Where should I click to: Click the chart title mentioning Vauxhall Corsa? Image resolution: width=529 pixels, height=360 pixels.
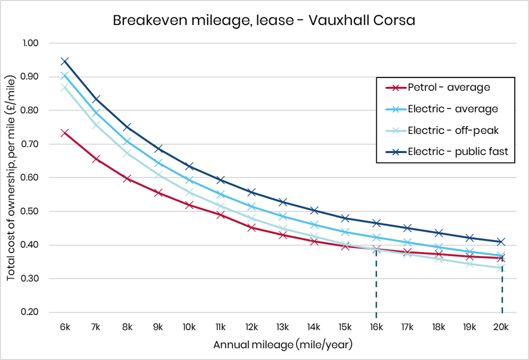coord(264,20)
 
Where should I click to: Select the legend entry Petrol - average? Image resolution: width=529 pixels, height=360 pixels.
coord(448,87)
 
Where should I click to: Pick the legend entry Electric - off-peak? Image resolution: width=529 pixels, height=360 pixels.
coord(452,130)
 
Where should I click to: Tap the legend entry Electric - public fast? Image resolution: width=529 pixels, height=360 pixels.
coord(458,152)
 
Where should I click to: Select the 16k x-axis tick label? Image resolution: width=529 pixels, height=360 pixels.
coord(376,327)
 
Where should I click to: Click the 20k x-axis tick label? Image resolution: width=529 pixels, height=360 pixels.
coord(501,327)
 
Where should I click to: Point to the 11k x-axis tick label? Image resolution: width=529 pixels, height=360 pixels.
coord(220,327)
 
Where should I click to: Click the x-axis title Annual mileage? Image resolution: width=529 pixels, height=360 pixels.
coord(282,345)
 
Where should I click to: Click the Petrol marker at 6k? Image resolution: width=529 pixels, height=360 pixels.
coord(64,133)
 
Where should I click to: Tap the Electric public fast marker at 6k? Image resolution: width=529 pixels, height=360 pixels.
coord(64,61)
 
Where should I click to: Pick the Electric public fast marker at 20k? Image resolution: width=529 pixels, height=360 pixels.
coord(501,242)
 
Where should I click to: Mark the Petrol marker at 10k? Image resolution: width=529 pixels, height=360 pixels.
coord(189,205)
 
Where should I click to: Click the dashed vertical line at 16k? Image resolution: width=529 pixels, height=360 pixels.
coord(376,284)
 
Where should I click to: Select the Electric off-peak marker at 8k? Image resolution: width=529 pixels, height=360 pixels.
coord(127,153)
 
